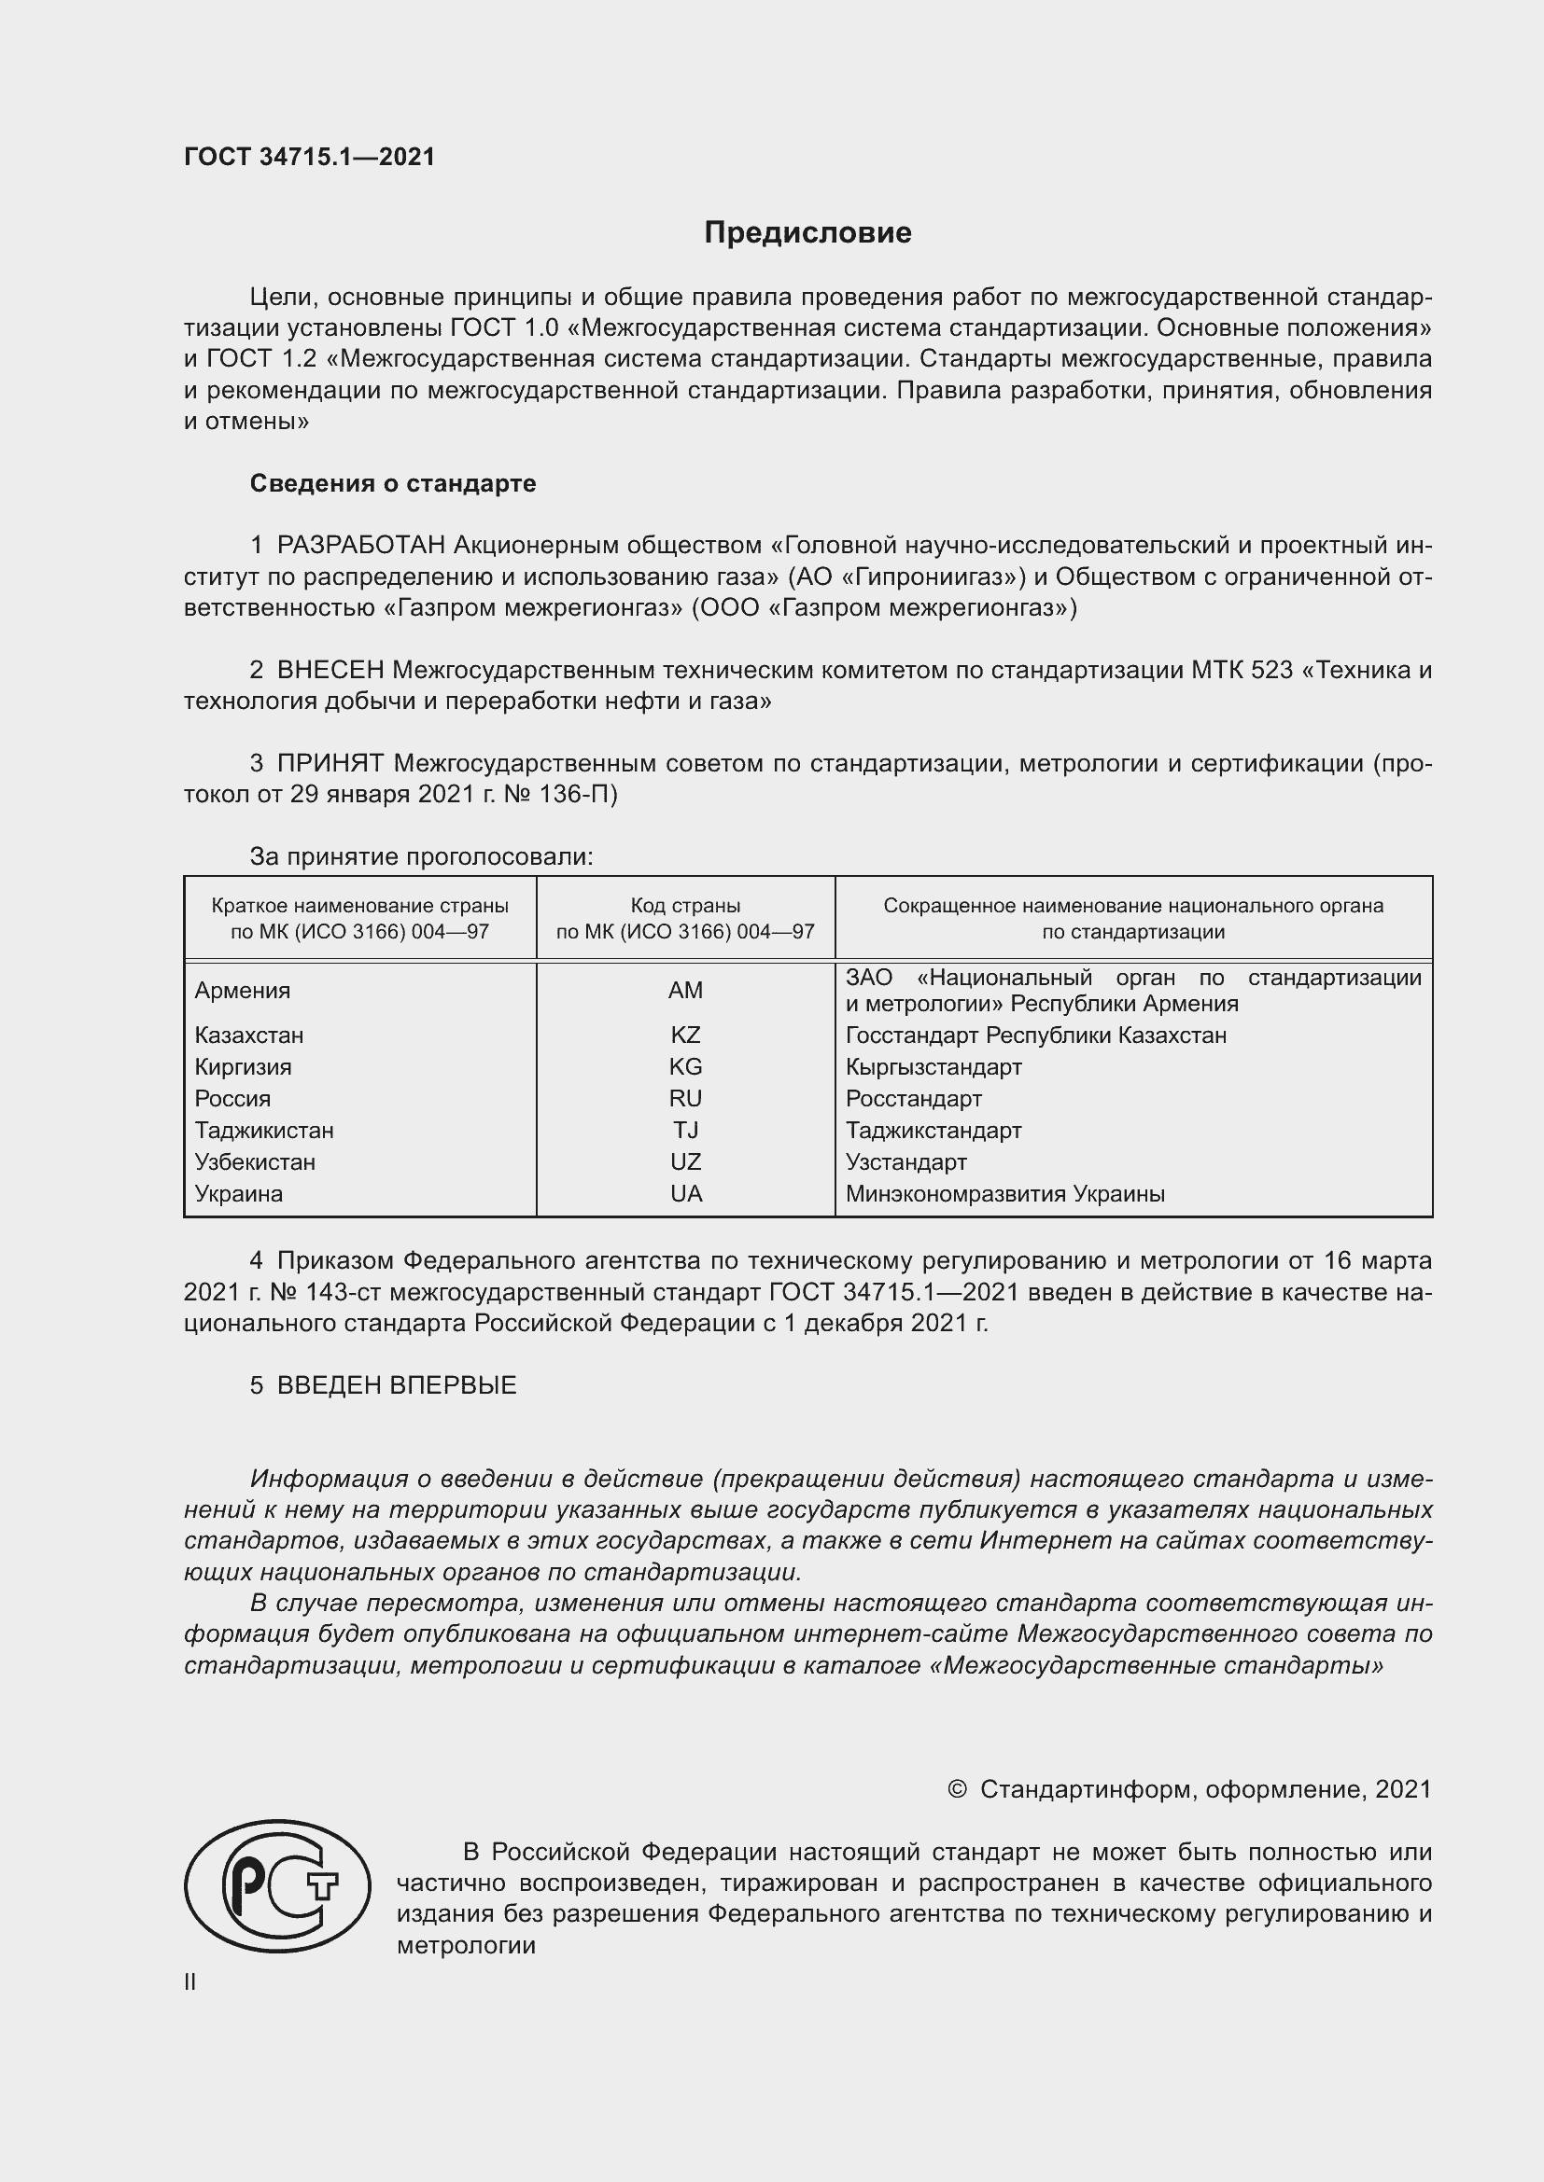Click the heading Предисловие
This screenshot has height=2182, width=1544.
click(x=807, y=233)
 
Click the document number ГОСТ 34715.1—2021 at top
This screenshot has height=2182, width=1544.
click(x=309, y=157)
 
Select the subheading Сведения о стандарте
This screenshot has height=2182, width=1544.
click(x=393, y=484)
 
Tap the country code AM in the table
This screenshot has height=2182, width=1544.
click(x=684, y=991)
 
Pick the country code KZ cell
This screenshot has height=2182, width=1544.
click(x=684, y=1035)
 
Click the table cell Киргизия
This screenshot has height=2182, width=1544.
click(x=244, y=1067)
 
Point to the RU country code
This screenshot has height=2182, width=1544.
click(x=684, y=1099)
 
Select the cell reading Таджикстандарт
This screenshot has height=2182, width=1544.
click(x=933, y=1131)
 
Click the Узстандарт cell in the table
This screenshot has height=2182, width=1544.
click(x=906, y=1162)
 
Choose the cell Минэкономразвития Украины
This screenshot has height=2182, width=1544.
click(x=1005, y=1195)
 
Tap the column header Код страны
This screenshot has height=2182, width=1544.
click(x=684, y=907)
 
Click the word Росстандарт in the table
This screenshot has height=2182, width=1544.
click(x=914, y=1099)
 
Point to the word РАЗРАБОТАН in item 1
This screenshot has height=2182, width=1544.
click(x=361, y=546)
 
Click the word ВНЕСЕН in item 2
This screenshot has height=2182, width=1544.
click(x=330, y=670)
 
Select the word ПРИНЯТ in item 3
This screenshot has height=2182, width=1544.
click(x=330, y=763)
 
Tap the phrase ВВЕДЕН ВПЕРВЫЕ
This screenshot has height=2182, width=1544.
click(x=397, y=1385)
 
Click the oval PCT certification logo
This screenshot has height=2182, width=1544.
click(x=276, y=1886)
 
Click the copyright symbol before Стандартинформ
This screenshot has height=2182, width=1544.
click(x=957, y=1790)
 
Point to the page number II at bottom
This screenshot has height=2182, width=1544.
click(x=190, y=1982)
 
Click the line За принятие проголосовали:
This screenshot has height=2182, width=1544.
click(x=421, y=857)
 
